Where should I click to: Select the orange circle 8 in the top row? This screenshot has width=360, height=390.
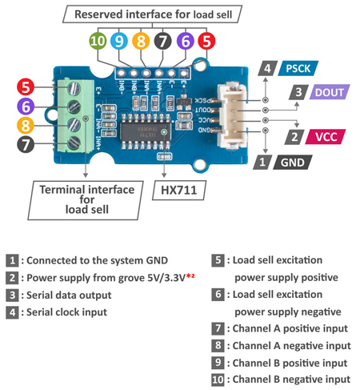pyautogui.click(x=141, y=41)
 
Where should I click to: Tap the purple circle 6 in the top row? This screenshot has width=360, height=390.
pyautogui.click(x=185, y=41)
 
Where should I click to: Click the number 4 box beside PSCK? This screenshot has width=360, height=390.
pyautogui.click(x=268, y=69)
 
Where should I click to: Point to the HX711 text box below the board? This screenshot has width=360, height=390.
pyautogui.click(x=178, y=191)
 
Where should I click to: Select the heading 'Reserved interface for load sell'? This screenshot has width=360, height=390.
pyautogui.click(x=150, y=14)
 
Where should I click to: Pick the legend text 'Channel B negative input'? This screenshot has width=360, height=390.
pyautogui.click(x=290, y=379)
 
